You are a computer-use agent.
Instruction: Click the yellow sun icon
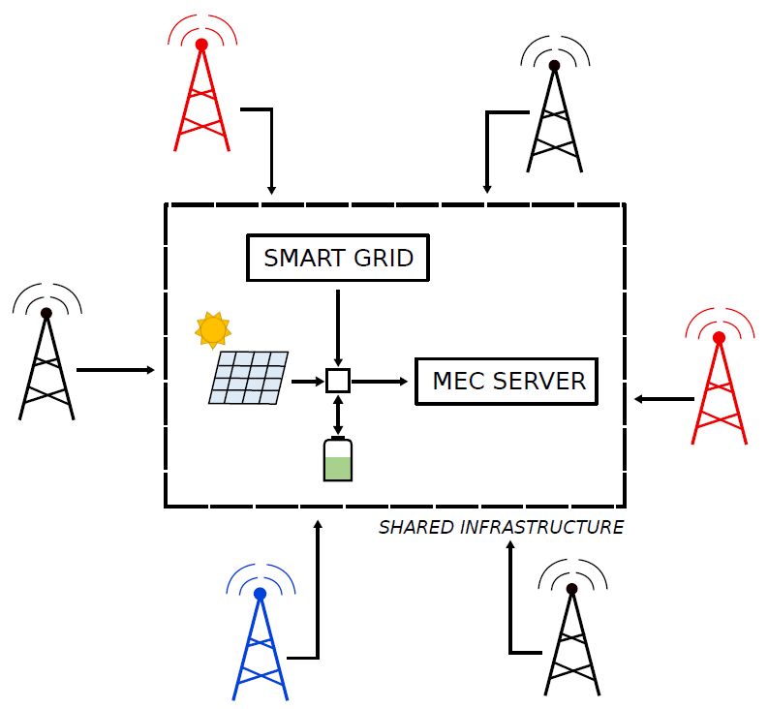(x=212, y=330)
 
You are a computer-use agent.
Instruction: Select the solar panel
(x=248, y=377)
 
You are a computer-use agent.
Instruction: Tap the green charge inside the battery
(x=337, y=468)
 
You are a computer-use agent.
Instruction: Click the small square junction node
(x=337, y=381)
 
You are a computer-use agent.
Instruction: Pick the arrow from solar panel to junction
(x=307, y=381)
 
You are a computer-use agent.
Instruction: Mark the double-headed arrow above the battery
(x=337, y=414)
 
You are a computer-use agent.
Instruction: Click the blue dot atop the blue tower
(x=260, y=594)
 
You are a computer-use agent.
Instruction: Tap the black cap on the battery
(x=337, y=439)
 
